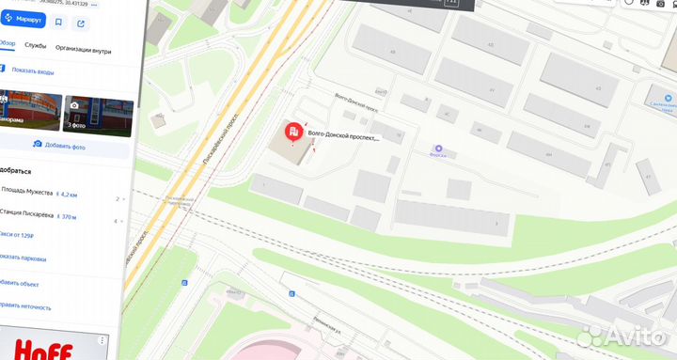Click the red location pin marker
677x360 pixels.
(x=294, y=133)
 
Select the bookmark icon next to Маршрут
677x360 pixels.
(x=58, y=22)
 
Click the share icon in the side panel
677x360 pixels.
(x=81, y=23)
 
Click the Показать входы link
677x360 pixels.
(x=33, y=71)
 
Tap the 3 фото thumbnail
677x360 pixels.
(x=98, y=113)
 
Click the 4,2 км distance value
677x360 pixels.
(x=67, y=194)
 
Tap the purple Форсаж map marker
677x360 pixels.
(x=437, y=149)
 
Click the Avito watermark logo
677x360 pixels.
(x=625, y=337)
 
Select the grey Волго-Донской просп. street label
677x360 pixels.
(x=356, y=101)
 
